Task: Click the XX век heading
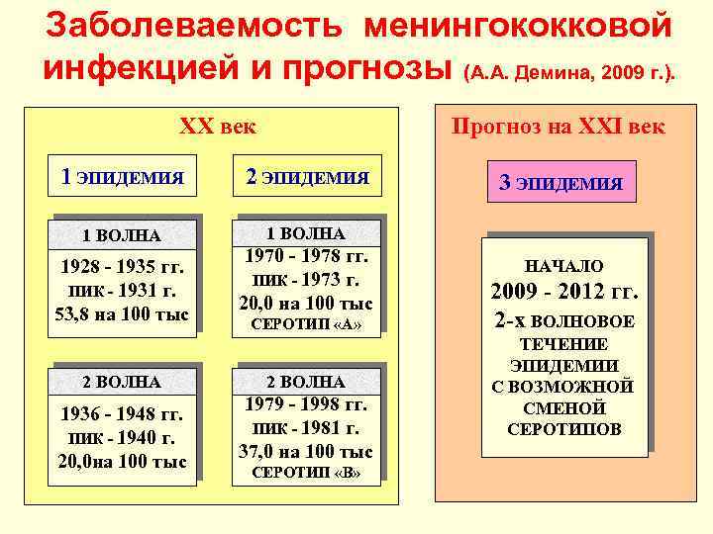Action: pos(217,127)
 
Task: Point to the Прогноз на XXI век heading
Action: pos(558,127)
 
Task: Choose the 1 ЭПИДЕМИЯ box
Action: pos(123,178)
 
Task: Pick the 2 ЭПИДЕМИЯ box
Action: pos(306,178)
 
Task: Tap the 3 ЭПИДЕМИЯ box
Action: pos(560,183)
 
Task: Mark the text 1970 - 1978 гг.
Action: pos(308,256)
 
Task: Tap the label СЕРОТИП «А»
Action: pos(308,324)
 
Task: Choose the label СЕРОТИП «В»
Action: pos(308,473)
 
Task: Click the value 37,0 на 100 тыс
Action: pos(308,451)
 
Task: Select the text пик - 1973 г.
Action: pos(308,280)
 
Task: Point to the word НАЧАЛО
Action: pos(564,266)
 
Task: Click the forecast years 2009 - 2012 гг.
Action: pos(564,294)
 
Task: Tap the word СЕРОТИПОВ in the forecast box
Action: pos(564,429)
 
